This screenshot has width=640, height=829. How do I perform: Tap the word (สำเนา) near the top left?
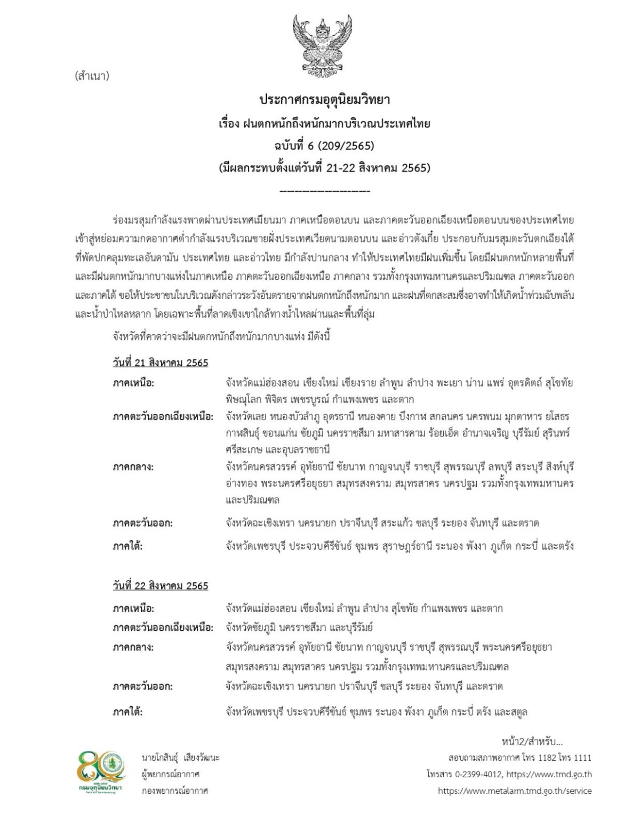tap(92, 76)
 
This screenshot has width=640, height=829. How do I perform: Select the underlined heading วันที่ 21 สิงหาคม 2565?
tap(160, 363)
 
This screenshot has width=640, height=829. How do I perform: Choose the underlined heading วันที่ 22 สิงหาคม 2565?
tap(160, 586)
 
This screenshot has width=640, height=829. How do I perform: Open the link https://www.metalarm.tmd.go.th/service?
tap(514, 791)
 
